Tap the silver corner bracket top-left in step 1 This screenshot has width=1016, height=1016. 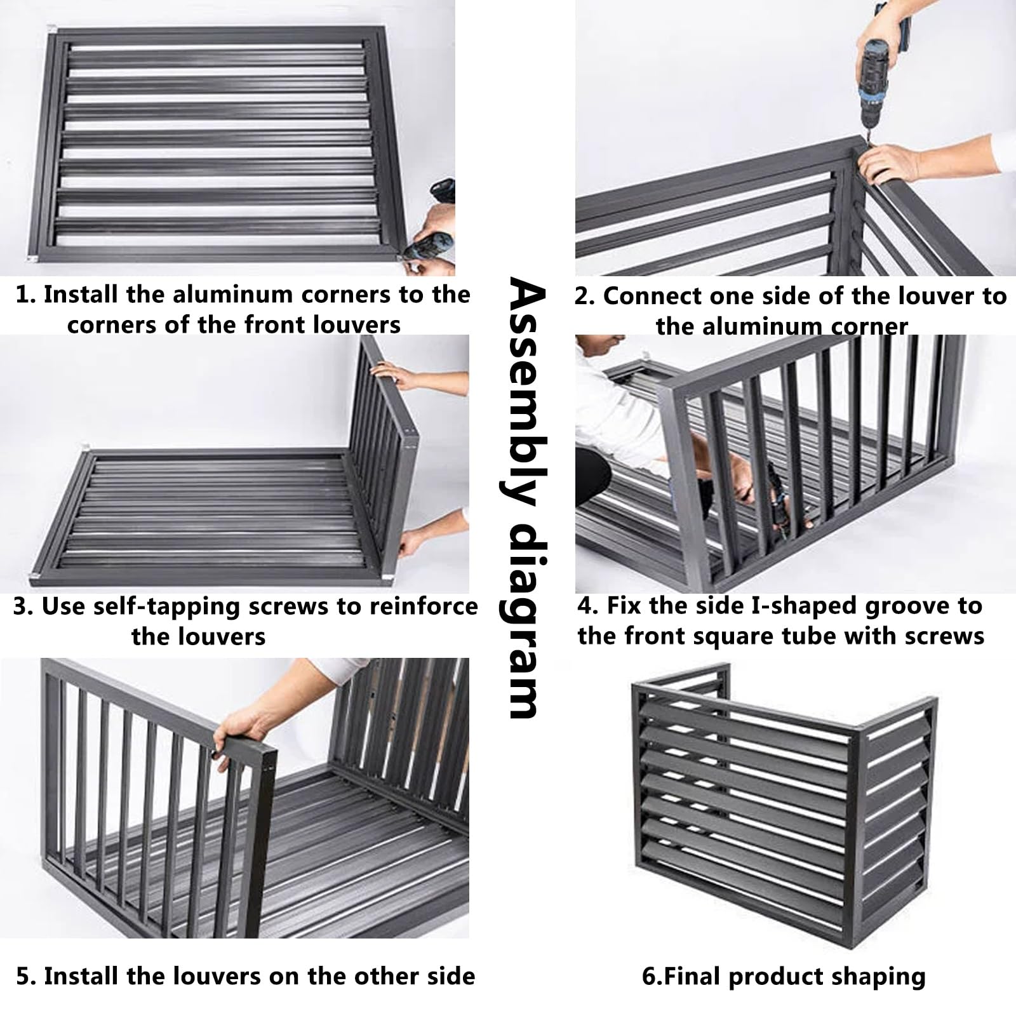click(53, 30)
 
